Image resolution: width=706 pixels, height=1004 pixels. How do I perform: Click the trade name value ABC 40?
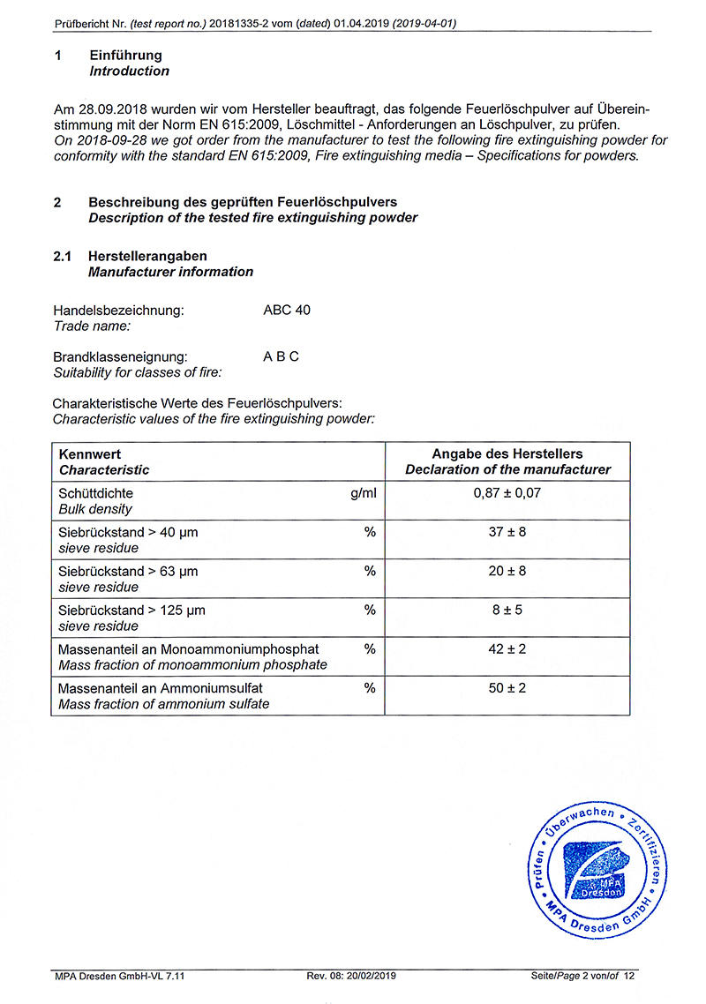pos(287,311)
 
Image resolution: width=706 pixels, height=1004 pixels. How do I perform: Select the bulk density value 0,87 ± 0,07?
pos(507,493)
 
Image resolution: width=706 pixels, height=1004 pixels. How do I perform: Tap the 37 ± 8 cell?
pos(507,532)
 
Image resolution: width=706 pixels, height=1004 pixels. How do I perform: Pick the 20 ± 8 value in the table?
pos(507,571)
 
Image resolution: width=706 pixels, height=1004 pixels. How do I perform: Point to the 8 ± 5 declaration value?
pos(507,610)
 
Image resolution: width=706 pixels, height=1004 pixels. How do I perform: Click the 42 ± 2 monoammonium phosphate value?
pos(507,648)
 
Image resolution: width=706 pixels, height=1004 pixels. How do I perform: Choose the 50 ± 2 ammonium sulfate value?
pos(507,687)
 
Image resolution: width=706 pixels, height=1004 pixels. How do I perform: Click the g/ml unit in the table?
pos(363,493)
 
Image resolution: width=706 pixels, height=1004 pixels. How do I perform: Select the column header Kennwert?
pos(89,454)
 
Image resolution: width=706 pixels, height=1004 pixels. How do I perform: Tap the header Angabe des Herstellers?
pos(507,454)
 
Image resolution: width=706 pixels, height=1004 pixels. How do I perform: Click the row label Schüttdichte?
pos(95,493)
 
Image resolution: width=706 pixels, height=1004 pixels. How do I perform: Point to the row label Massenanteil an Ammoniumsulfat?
pos(160,687)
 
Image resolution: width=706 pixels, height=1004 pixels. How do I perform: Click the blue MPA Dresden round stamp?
pos(595,873)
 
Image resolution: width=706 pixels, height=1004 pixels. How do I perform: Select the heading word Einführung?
pos(125,56)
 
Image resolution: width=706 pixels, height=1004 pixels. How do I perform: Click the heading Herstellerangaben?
pos(147,256)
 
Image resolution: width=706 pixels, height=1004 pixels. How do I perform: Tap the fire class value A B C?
pos(281,356)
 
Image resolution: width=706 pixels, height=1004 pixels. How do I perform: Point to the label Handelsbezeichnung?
pos(118,311)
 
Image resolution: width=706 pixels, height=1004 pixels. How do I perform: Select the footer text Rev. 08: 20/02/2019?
pos(351,976)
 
